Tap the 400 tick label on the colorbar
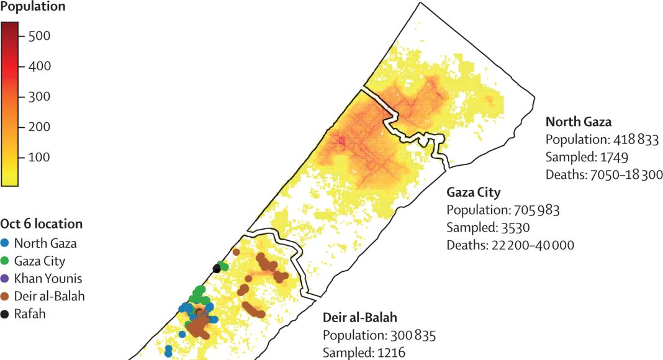38,66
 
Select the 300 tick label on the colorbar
38,97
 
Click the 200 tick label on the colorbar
38,127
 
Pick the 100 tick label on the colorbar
38,158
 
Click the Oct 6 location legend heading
41,224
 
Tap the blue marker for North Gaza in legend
6,243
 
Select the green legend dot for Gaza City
6,261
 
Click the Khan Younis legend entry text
47,279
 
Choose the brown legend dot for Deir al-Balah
6,297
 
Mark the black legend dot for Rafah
6,314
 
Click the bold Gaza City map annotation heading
474,192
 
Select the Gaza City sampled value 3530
513,227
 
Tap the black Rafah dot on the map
216,269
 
